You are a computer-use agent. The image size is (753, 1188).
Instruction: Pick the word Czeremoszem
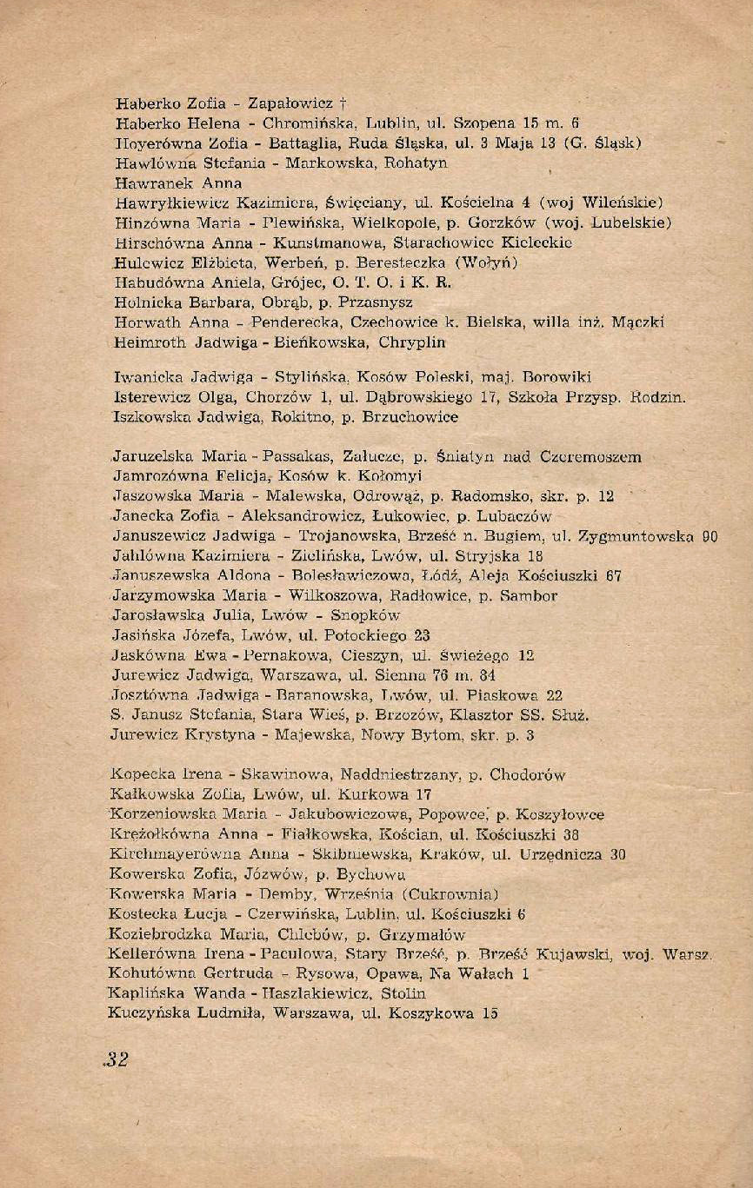click(x=591, y=456)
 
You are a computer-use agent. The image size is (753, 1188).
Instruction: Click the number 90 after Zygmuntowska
click(x=710, y=536)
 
